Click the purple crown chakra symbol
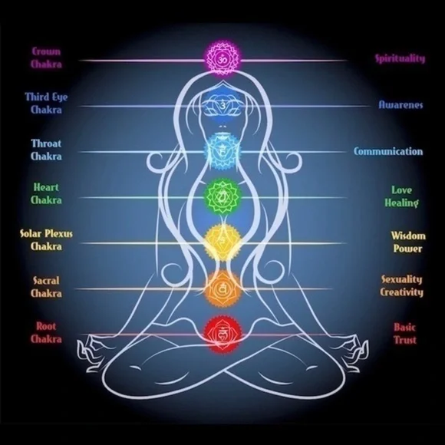[222, 60]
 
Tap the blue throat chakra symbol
[222, 152]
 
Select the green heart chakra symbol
[222, 196]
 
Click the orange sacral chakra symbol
[222, 288]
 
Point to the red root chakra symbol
[222, 334]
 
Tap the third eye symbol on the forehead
[222, 106]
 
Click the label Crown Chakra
[46, 58]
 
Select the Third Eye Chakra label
[46, 103]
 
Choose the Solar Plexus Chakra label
[46, 240]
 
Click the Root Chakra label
[46, 333]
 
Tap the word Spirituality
[400, 58]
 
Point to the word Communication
[388, 151]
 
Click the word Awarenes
[400, 104]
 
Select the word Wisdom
[408, 236]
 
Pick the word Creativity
[401, 292]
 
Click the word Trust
[405, 340]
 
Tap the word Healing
[401, 203]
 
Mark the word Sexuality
[401, 279]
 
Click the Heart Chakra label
[46, 194]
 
